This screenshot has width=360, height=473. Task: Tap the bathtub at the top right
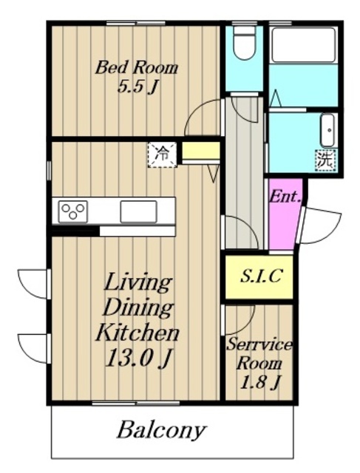[303, 45]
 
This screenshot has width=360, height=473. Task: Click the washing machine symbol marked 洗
[326, 160]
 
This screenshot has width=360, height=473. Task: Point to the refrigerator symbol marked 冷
[162, 154]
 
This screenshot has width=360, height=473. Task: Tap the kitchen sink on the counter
[138, 211]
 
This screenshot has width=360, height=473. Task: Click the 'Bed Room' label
[137, 67]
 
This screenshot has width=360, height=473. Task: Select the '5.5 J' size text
[137, 87]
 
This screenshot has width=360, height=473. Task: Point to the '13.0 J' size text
[138, 358]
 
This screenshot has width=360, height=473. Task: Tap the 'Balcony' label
[162, 430]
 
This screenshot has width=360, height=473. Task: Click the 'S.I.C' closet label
[262, 276]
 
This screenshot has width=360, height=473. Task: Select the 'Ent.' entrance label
[285, 197]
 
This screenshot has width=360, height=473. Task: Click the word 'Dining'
[138, 307]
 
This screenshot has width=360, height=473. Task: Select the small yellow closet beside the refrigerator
[200, 150]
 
